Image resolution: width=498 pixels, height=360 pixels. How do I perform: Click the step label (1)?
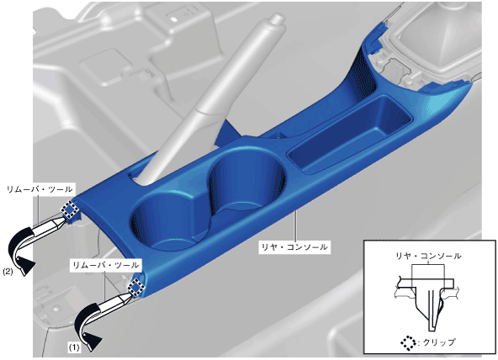74,347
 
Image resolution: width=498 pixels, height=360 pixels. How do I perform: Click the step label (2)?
8,272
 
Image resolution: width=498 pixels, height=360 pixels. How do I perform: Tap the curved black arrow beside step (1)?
87,326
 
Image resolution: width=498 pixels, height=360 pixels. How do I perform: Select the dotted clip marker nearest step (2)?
69,209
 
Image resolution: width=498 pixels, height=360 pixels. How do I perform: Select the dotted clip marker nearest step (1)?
136,288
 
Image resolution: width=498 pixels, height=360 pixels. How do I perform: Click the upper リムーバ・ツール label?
40,189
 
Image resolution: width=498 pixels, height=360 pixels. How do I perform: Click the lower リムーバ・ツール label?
106,265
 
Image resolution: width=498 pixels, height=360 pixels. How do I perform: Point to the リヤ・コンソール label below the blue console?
294,246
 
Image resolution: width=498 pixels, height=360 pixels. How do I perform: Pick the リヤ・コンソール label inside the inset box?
428,255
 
